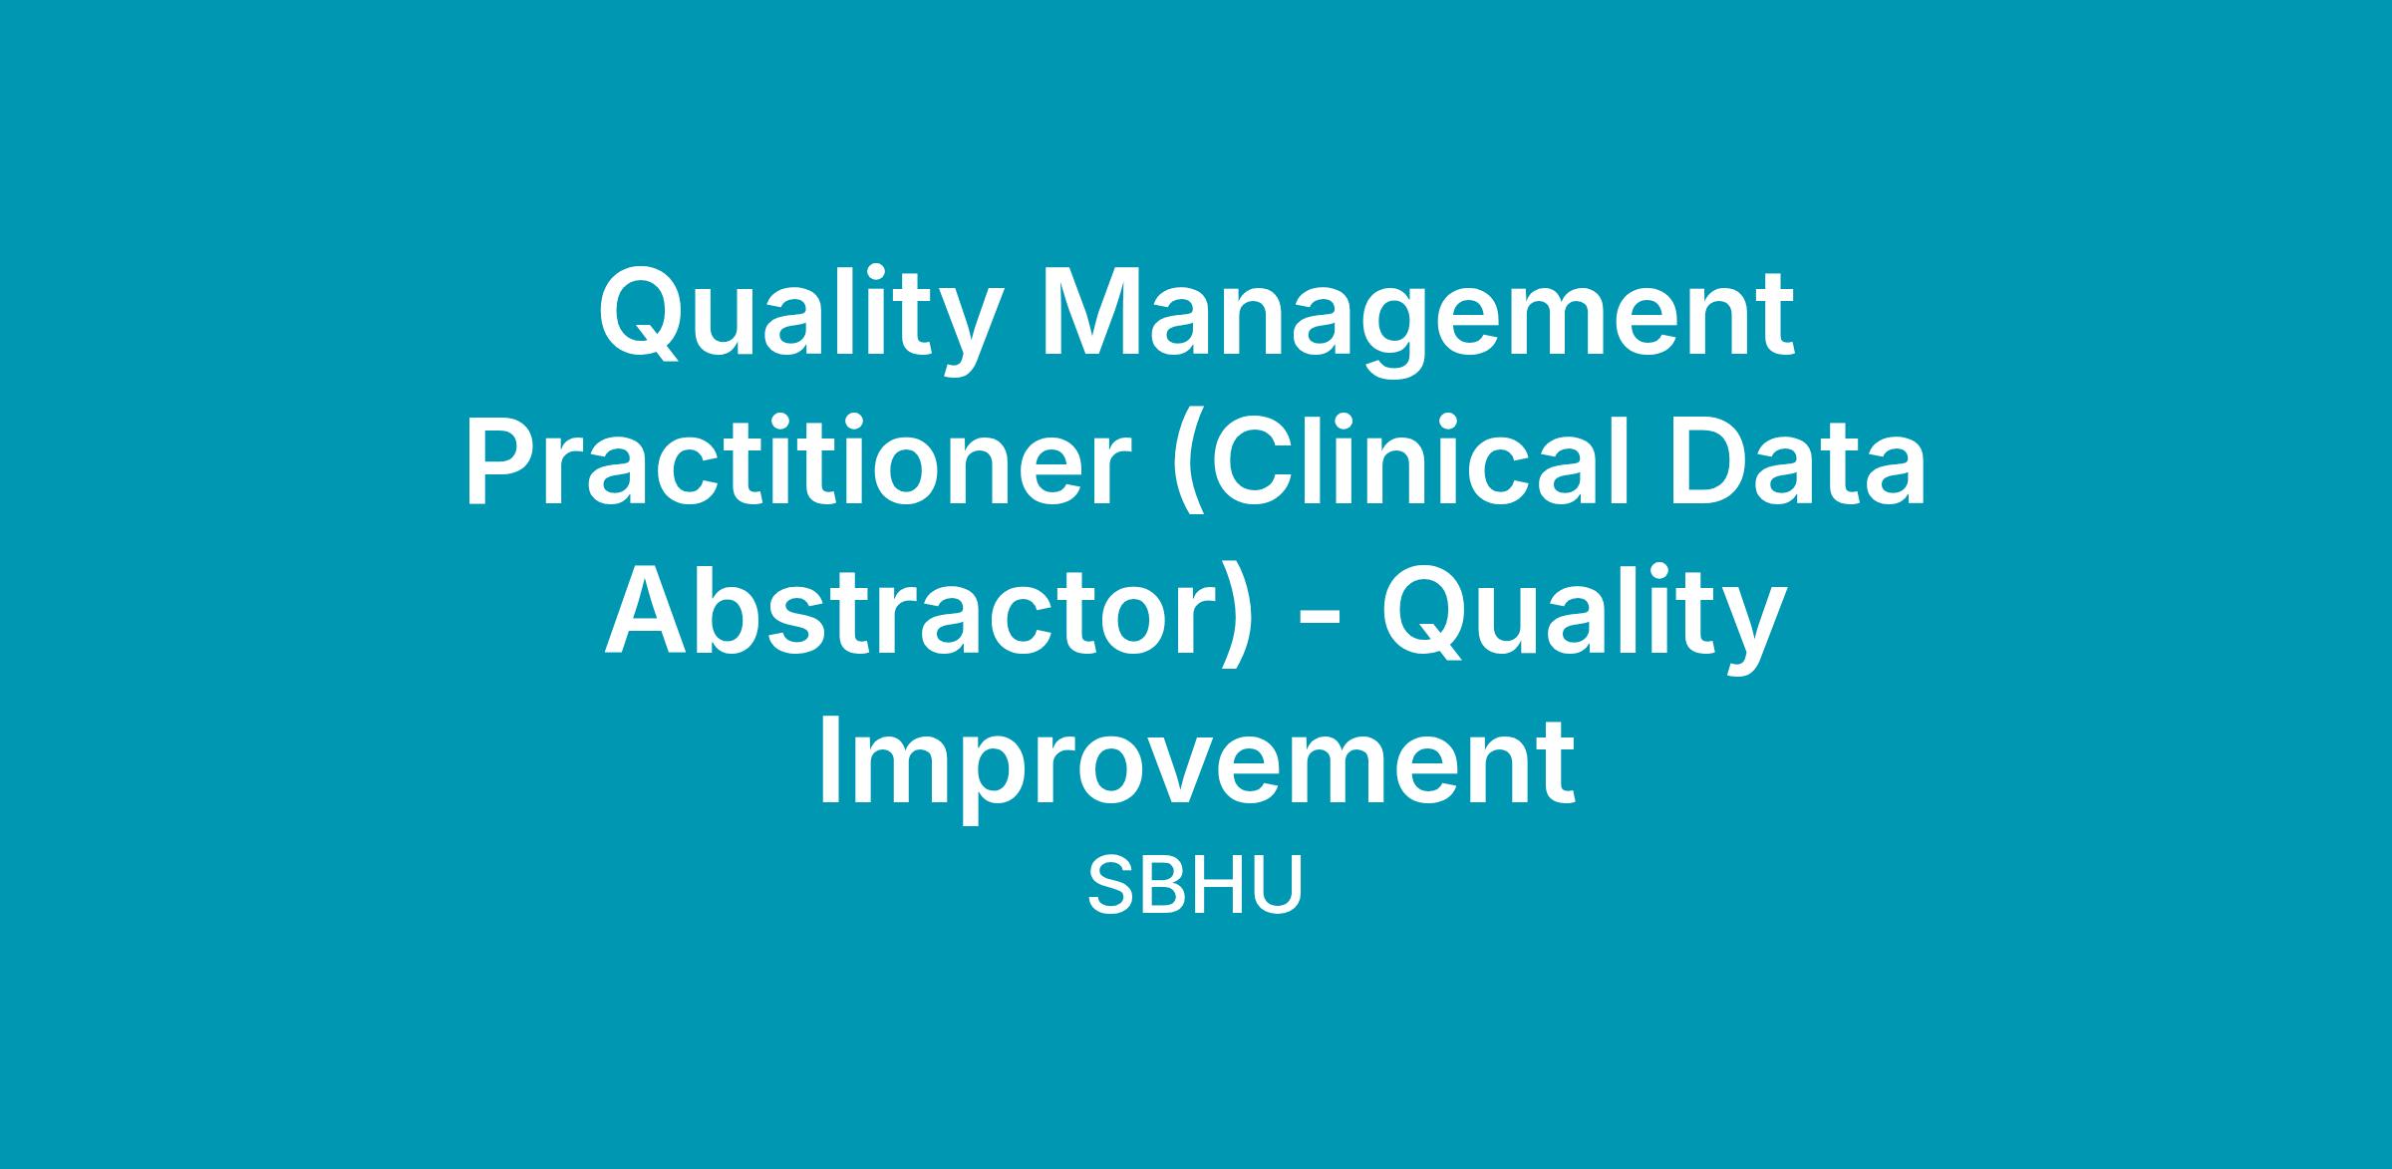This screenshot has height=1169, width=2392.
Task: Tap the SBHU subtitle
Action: [x=1195, y=886]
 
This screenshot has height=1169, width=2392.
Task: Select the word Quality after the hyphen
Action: [x=1581, y=616]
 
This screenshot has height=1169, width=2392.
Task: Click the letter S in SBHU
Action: [x=1109, y=886]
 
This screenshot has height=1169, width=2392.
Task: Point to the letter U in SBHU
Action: [x=1281, y=886]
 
